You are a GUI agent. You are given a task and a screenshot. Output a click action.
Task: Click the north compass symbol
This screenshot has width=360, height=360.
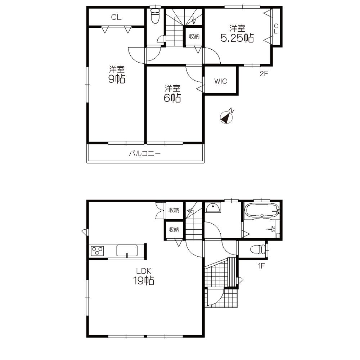(x=226, y=117)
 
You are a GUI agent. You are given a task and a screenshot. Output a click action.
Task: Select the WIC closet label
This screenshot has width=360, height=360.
(x=221, y=81)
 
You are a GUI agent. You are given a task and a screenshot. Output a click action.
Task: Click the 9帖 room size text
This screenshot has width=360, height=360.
(x=117, y=79)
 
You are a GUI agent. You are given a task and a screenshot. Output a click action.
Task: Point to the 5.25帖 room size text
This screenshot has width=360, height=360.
(x=237, y=38)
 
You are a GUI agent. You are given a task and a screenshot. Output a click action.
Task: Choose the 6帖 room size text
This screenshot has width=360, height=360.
(x=172, y=98)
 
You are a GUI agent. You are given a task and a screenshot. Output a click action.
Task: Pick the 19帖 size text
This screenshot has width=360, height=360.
(x=144, y=281)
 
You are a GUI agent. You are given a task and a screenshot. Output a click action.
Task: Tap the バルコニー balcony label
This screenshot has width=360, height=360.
(x=145, y=154)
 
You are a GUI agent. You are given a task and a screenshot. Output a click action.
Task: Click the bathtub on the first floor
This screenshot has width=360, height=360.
(x=261, y=210)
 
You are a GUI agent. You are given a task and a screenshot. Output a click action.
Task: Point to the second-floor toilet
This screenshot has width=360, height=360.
(x=155, y=16)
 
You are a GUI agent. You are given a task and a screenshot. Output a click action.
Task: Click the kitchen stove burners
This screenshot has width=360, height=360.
(x=97, y=250)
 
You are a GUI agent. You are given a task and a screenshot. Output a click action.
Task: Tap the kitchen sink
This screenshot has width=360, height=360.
(x=126, y=250)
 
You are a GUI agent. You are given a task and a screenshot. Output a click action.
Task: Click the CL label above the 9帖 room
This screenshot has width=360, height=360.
(x=116, y=17)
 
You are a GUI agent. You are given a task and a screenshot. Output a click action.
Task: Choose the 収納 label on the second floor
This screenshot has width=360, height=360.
(x=194, y=36)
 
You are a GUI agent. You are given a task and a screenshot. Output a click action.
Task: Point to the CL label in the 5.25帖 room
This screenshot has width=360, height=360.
(x=276, y=28)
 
